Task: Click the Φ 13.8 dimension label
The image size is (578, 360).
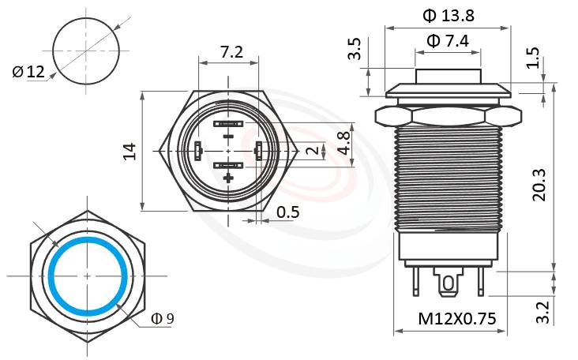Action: click(448, 15)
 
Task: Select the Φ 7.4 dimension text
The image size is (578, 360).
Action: click(448, 40)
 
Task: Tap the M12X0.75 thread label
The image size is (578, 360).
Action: click(456, 319)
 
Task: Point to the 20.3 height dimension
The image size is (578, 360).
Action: click(540, 184)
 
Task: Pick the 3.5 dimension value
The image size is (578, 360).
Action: click(356, 49)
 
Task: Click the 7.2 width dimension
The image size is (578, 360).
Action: click(231, 53)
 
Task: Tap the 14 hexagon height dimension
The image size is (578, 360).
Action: click(131, 151)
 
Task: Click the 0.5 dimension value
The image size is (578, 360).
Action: click(287, 212)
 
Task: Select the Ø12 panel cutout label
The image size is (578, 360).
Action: click(28, 73)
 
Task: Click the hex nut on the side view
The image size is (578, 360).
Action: click(448, 116)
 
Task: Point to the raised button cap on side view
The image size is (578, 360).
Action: click(448, 77)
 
